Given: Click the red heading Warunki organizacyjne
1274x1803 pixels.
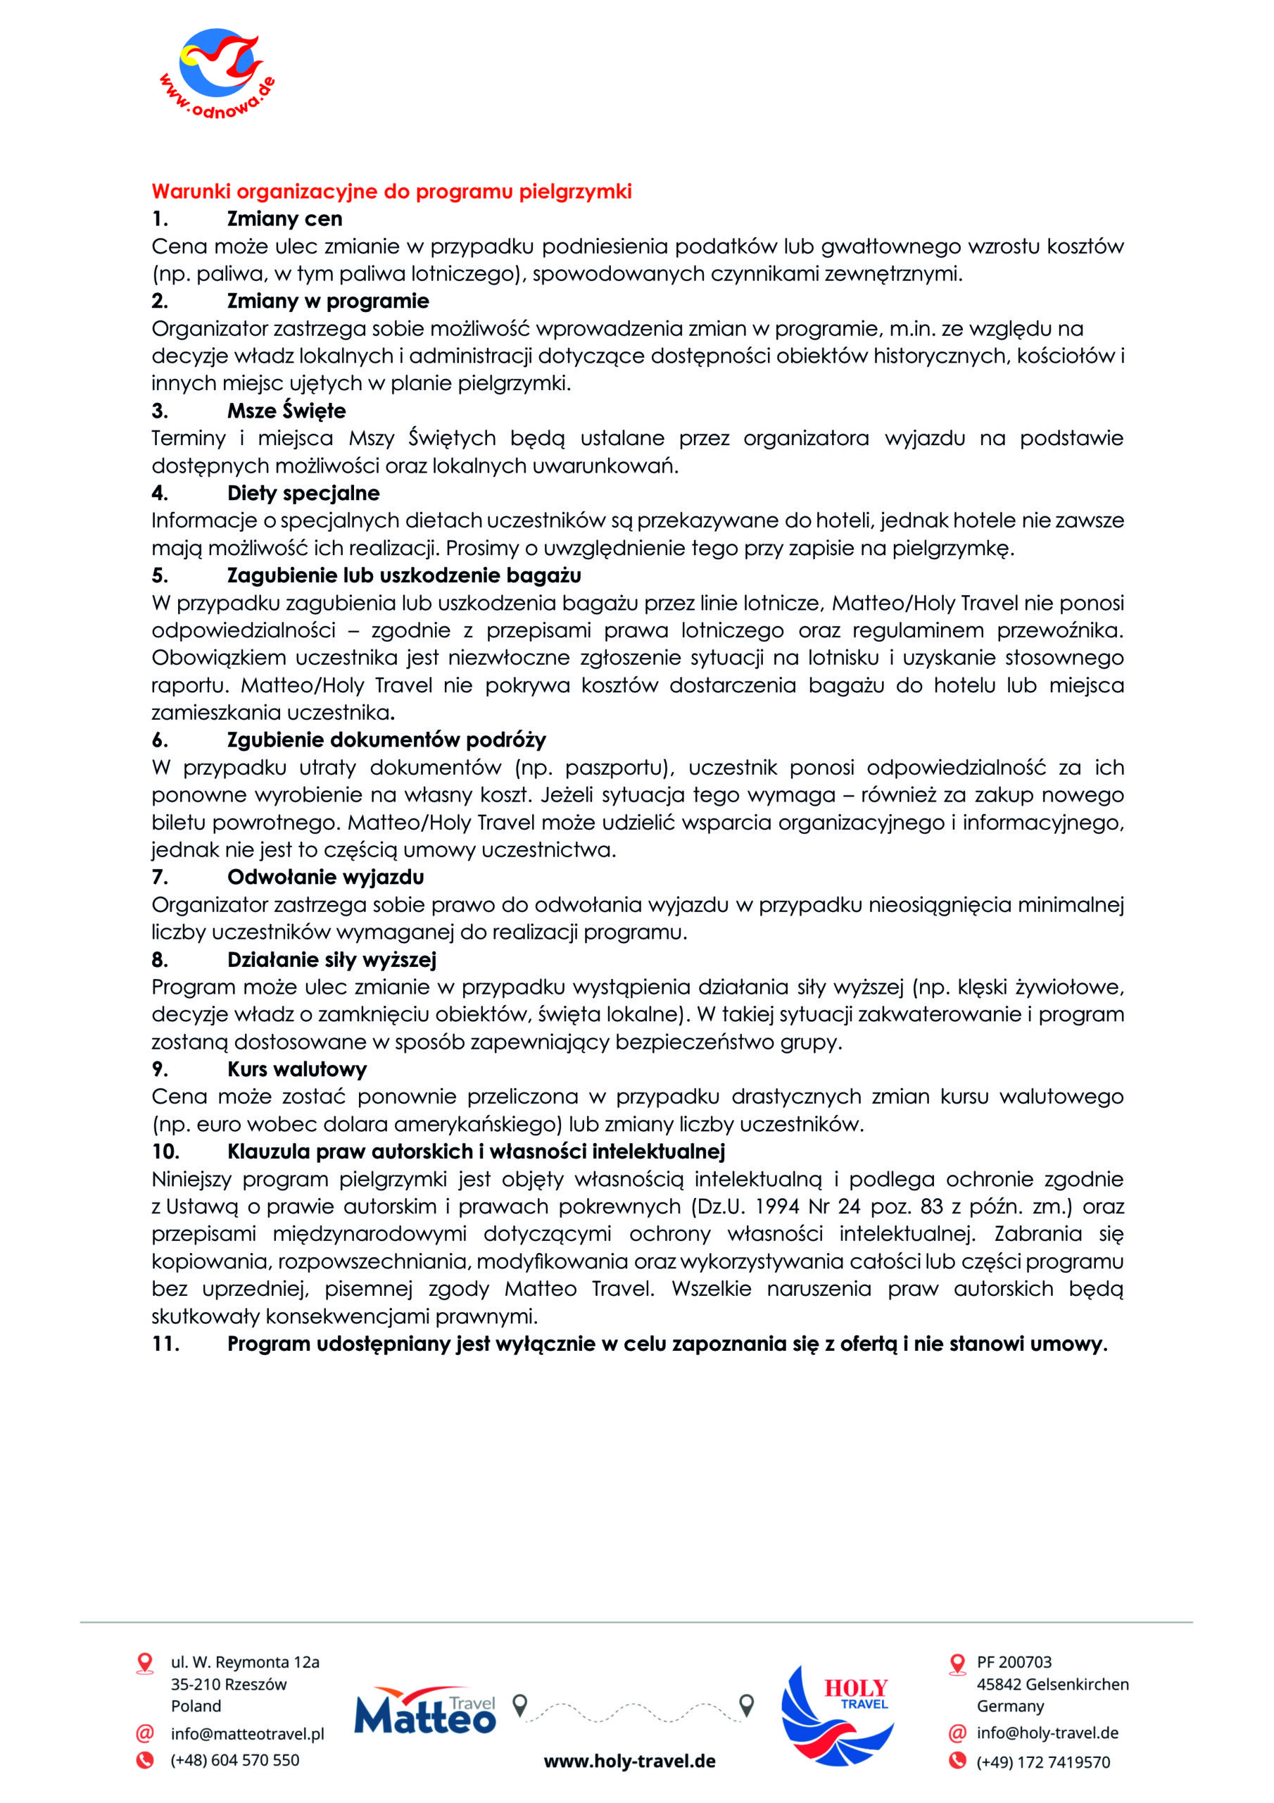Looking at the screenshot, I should (391, 192).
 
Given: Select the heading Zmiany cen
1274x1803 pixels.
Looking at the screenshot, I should (284, 219).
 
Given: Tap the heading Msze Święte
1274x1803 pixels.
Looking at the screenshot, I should (286, 411).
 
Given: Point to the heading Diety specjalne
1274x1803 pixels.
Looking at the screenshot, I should (303, 493).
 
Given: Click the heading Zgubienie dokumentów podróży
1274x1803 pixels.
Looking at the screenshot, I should (386, 740).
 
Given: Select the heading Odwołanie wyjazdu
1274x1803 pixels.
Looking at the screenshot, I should (325, 877).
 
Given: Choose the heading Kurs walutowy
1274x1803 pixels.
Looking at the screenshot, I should (297, 1070).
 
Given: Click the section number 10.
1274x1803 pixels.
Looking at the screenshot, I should (165, 1152).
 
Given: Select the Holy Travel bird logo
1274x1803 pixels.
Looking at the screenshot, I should (837, 1715).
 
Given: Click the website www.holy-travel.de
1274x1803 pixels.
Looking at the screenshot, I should (629, 1761).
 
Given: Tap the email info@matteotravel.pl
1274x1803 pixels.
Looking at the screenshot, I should (247, 1733).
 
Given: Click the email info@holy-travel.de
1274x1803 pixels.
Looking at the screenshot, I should (1047, 1733).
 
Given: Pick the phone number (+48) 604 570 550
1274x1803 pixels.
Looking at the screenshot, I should (234, 1760).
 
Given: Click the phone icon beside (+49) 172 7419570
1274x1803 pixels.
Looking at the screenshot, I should (957, 1760).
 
